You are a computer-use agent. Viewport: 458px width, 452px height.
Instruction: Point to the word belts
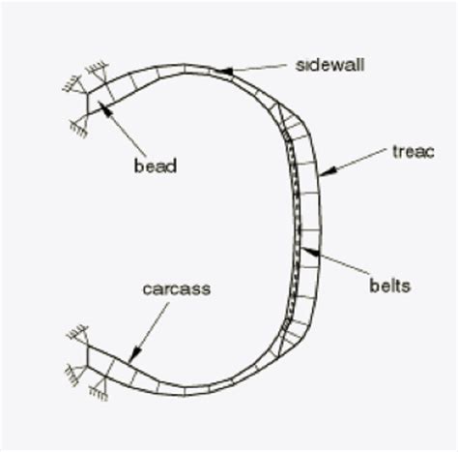(x=389, y=286)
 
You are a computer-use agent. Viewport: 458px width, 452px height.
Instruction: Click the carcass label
(x=175, y=288)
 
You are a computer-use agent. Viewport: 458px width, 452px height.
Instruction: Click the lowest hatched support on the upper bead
(x=74, y=125)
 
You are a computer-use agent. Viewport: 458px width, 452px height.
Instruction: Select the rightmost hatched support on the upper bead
(x=96, y=70)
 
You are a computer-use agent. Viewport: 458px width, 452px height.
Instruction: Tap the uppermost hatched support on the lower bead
(x=75, y=334)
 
